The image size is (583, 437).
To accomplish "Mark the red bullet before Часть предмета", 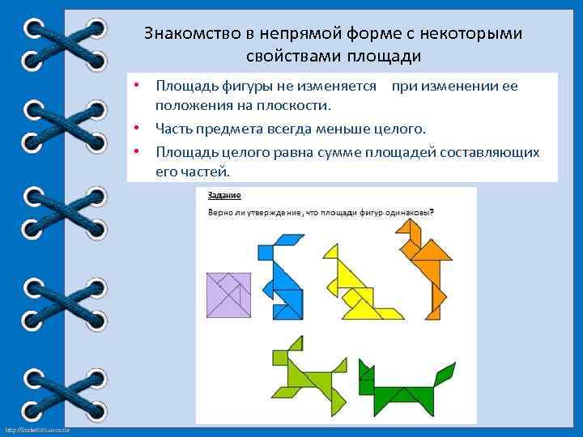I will (138, 128).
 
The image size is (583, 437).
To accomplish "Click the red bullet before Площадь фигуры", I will (138, 85).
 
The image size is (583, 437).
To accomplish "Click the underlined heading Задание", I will (224, 195).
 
